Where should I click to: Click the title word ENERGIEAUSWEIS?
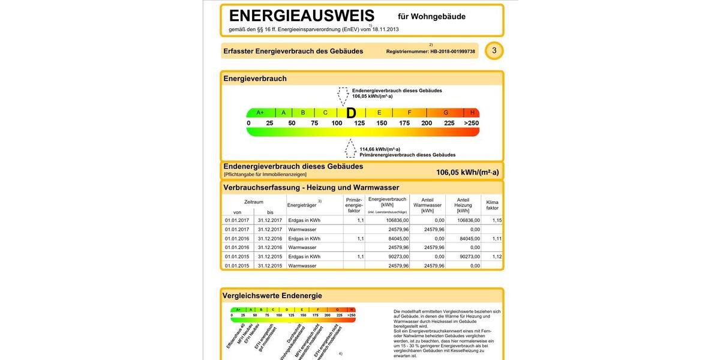click(x=301, y=16)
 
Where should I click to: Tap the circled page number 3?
click(x=494, y=50)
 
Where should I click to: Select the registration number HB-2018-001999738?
click(x=452, y=52)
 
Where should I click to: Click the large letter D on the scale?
click(x=352, y=113)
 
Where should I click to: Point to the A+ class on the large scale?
click(x=260, y=113)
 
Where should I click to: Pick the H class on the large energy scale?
click(x=472, y=113)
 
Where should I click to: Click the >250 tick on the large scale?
click(x=472, y=123)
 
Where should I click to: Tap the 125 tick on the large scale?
click(x=359, y=123)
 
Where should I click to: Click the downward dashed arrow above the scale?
click(x=343, y=96)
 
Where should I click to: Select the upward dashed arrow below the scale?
click(x=350, y=148)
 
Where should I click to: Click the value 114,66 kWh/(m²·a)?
click(x=380, y=149)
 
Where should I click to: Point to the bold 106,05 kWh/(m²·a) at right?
click(x=467, y=172)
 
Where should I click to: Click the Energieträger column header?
click(x=302, y=205)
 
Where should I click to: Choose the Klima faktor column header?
click(x=492, y=205)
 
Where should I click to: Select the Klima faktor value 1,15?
click(x=497, y=220)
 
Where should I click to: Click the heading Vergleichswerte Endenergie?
click(x=272, y=296)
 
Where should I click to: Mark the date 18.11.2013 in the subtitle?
click(x=385, y=29)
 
